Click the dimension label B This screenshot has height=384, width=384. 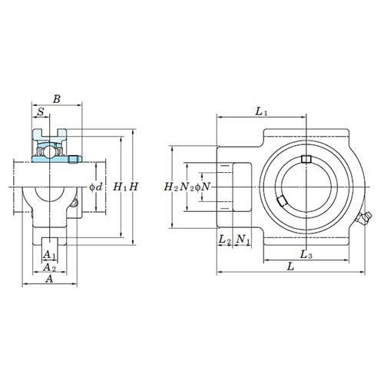(x=55, y=98)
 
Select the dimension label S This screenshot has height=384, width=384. (x=41, y=112)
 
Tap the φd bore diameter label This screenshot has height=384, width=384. (x=96, y=187)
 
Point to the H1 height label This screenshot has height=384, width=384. (x=120, y=187)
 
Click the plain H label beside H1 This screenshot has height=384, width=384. (x=133, y=187)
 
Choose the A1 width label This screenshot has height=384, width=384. (x=49, y=254)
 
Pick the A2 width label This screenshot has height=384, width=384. (x=49, y=267)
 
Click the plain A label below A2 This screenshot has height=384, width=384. (x=49, y=280)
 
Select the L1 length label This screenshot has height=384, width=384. (x=261, y=112)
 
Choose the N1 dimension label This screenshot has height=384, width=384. (x=243, y=240)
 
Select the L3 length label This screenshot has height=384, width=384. (x=306, y=253)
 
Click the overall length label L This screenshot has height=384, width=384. (x=290, y=266)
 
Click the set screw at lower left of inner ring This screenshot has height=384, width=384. (x=281, y=201)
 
